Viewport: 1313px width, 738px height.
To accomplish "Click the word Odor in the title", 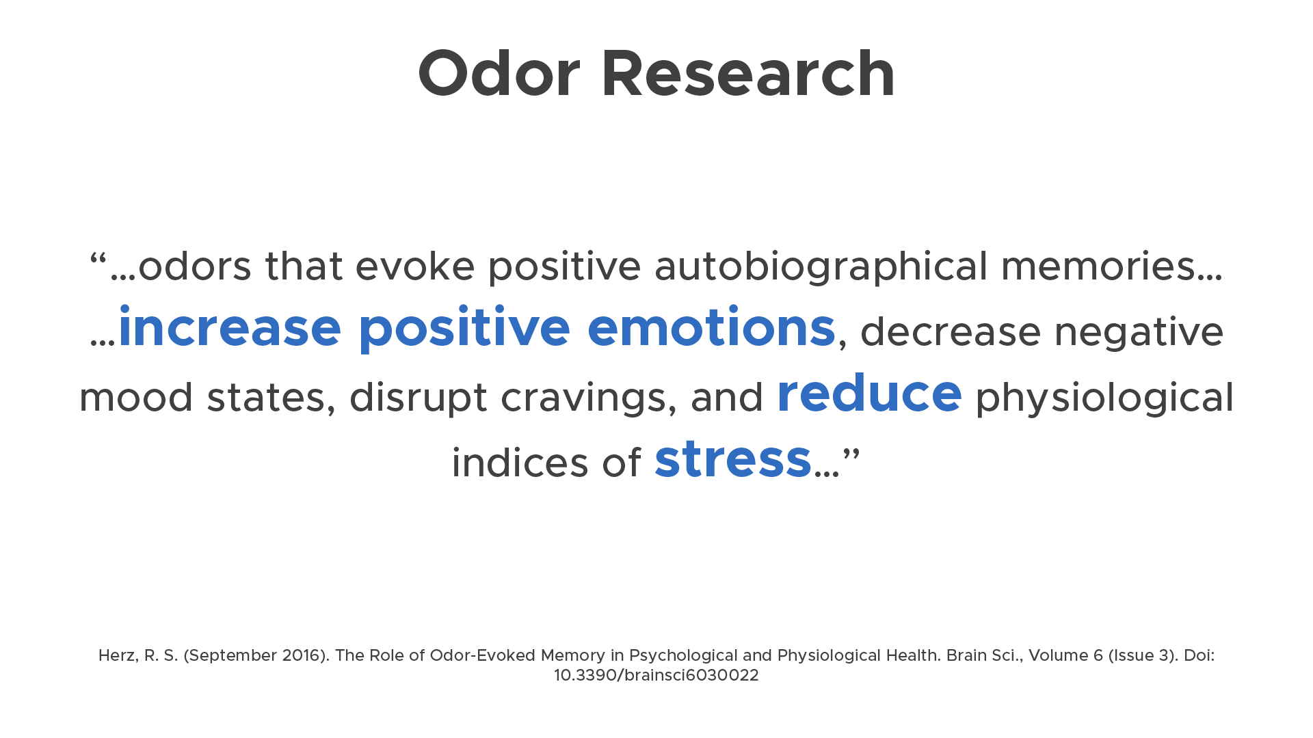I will coord(499,74).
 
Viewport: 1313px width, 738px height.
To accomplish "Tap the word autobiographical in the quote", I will coord(821,267).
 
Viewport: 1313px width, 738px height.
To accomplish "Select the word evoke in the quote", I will coord(414,266).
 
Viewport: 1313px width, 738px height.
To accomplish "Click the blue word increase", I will coord(230,329).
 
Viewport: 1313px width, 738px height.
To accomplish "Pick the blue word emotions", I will coord(711,329).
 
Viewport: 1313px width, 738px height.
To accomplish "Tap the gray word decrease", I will coord(950,332).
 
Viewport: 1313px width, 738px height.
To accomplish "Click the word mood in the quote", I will coord(135,398).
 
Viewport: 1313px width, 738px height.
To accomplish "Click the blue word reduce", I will coord(869,394).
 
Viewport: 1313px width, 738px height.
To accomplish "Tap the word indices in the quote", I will coord(520,463).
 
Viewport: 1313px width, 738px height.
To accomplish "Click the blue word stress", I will coord(732,460).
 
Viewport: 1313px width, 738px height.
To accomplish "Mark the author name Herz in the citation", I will coord(118,655).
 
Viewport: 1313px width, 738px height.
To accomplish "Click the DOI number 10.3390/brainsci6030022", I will coord(656,675).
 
